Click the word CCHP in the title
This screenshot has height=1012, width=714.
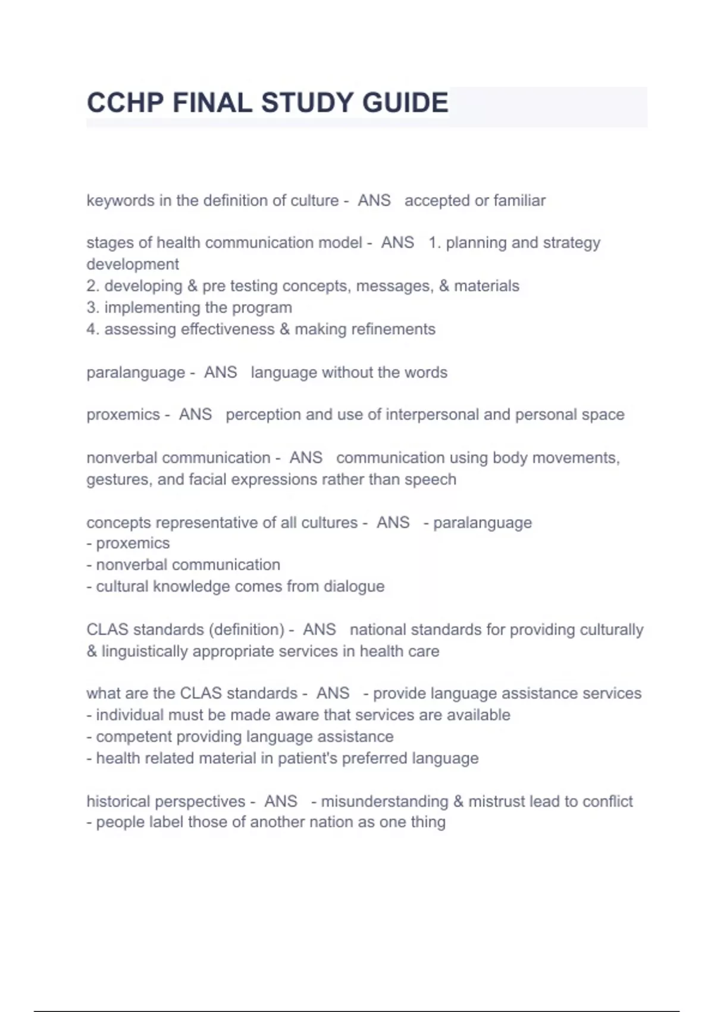(x=125, y=103)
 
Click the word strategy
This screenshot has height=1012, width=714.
(x=572, y=243)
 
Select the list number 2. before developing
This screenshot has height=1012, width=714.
(x=92, y=286)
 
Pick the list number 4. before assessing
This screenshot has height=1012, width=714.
(x=92, y=329)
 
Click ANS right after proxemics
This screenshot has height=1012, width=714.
(x=195, y=414)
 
